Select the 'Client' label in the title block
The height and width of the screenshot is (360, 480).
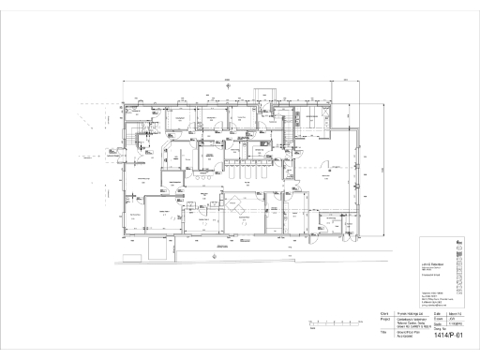383,313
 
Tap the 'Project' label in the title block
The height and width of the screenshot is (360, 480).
384,320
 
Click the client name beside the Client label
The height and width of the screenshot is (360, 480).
407,313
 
